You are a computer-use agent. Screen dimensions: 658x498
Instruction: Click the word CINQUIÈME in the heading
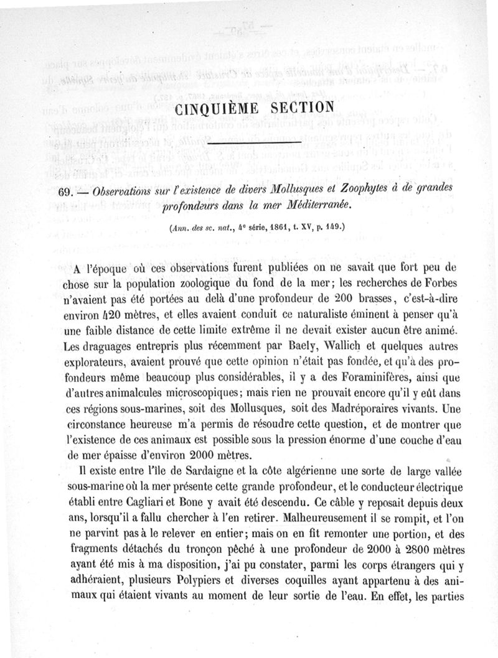pyautogui.click(x=213, y=108)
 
